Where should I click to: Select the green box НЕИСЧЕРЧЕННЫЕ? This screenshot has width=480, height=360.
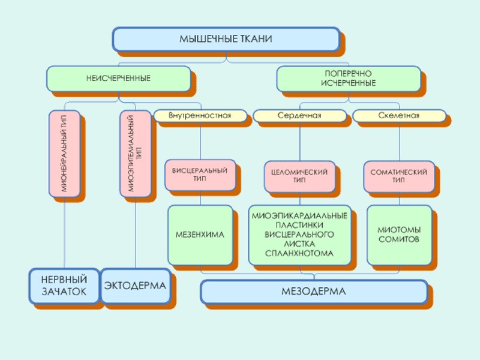click(x=118, y=79)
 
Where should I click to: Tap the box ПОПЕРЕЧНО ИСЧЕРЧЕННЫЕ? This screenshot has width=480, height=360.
click(x=348, y=79)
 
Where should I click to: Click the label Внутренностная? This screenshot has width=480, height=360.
click(x=200, y=115)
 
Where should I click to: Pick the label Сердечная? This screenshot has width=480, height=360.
click(x=299, y=115)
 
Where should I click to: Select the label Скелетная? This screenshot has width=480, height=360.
click(x=398, y=115)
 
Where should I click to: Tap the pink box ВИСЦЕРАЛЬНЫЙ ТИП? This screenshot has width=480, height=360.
click(x=200, y=175)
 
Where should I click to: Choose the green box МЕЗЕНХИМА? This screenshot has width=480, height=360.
click(x=200, y=235)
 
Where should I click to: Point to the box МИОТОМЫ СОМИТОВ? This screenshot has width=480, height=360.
click(x=398, y=235)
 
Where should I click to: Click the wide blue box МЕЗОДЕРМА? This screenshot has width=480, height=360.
click(x=313, y=292)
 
